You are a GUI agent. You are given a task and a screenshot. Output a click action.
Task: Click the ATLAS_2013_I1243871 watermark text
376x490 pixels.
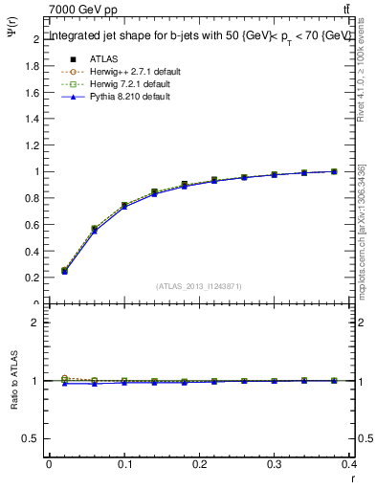pos(199,286)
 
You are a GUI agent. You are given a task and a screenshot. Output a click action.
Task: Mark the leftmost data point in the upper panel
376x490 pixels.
pos(64,271)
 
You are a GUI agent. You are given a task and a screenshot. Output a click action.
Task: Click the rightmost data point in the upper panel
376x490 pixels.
pos(334,171)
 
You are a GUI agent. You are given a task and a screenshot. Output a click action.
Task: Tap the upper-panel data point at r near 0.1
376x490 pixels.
pos(124,206)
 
